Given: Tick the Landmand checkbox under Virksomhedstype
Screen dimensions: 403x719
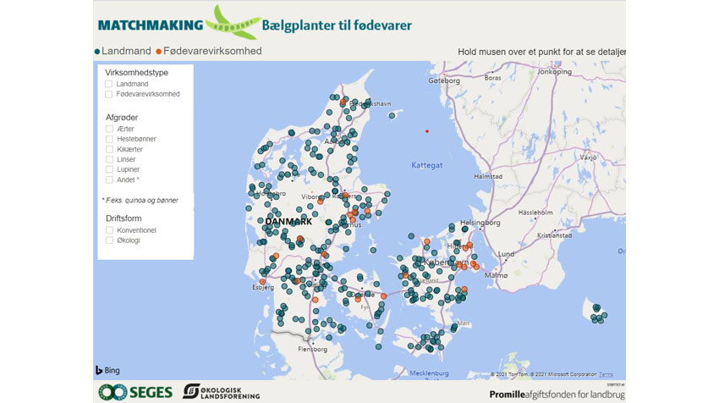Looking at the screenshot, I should (109, 85).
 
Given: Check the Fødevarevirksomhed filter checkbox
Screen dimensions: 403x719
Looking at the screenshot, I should (109, 95).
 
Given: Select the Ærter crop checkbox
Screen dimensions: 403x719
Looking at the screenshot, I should (109, 129).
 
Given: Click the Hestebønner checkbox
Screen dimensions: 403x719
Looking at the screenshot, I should (109, 139).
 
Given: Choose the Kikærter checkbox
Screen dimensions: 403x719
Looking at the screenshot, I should (109, 149).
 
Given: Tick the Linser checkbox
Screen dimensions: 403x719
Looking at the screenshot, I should (109, 159).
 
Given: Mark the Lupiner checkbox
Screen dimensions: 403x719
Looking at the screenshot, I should (109, 169).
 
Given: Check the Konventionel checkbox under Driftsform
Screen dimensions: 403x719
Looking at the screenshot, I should (109, 230).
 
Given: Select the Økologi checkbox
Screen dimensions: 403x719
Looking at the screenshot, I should (109, 240).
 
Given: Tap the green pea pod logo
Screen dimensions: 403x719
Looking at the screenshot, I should (233, 22).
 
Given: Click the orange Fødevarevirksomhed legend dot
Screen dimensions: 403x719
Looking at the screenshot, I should (158, 52).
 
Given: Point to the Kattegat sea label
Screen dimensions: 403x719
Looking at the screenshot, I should (426, 165).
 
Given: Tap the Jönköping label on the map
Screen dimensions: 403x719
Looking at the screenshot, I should (555, 72).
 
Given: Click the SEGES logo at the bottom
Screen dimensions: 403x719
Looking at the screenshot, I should (135, 392).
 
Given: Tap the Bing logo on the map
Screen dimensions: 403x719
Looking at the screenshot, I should (107, 371).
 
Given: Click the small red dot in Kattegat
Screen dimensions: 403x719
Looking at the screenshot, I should (427, 131).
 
